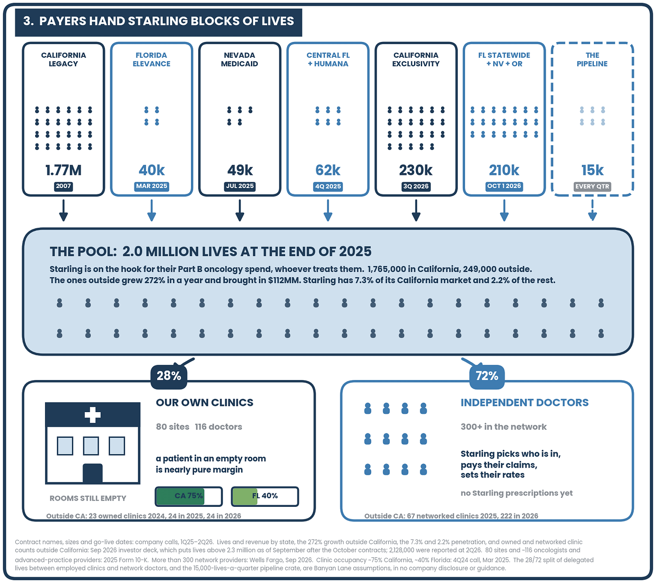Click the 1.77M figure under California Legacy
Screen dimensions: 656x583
(x=64, y=170)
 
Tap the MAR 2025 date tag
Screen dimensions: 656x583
(x=151, y=186)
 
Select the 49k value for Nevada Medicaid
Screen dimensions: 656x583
(x=240, y=170)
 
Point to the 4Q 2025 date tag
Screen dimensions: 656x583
(x=328, y=186)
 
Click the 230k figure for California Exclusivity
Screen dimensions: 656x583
(x=416, y=170)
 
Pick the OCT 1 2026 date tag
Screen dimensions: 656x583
(x=504, y=186)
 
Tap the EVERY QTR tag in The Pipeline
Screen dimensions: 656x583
(x=592, y=186)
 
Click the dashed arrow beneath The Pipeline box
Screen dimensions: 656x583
(x=592, y=210)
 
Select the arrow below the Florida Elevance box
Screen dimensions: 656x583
(x=151, y=210)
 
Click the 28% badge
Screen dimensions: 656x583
(x=169, y=376)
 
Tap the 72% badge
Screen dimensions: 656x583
(x=487, y=376)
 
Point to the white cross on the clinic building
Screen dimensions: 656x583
(x=93, y=415)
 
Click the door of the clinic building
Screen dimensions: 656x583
(x=93, y=473)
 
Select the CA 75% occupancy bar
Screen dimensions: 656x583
(x=189, y=496)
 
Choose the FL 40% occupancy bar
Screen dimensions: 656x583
(x=265, y=496)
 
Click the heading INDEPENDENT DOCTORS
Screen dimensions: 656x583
(x=524, y=403)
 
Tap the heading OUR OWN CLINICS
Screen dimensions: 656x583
(x=205, y=403)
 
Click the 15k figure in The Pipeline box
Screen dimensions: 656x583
(x=592, y=170)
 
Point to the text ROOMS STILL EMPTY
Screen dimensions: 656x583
(x=88, y=498)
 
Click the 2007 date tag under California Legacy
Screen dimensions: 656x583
(x=64, y=186)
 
